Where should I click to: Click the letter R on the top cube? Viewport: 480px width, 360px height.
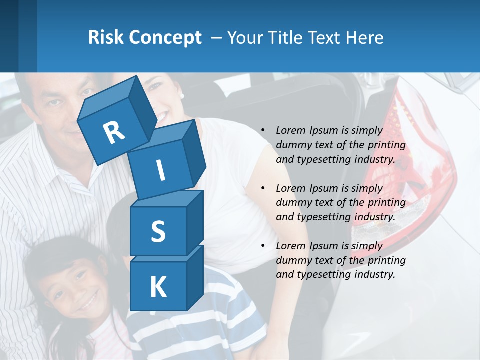114,132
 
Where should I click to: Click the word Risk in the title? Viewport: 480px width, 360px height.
106,37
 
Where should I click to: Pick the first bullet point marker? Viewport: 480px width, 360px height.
263,130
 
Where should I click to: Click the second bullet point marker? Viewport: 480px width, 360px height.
263,188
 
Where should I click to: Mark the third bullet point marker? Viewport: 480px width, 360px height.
263,246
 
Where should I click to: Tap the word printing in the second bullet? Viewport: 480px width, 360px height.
386,203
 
